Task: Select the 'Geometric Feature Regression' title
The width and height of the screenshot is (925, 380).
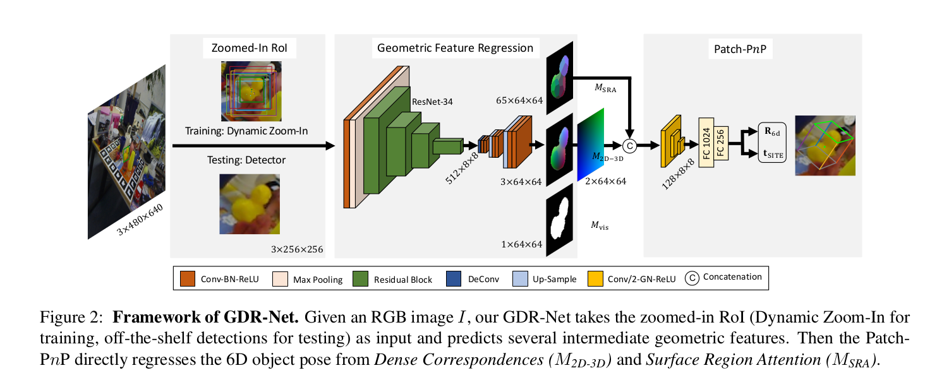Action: point(455,47)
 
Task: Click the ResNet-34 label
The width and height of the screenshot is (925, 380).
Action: point(432,100)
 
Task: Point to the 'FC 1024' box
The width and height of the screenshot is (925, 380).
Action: point(706,143)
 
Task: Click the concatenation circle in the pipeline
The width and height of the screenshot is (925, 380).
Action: point(628,145)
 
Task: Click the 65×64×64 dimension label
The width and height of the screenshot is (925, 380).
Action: point(519,100)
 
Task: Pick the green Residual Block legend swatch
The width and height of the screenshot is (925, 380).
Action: point(360,278)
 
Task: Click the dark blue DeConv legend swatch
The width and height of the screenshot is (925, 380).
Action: point(454,278)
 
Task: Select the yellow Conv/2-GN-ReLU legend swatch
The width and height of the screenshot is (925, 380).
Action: point(595,278)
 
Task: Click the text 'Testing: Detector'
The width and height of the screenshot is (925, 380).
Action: point(246,160)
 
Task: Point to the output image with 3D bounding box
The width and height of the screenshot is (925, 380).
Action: point(825,145)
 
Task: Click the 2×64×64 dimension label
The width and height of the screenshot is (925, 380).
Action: point(605,181)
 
